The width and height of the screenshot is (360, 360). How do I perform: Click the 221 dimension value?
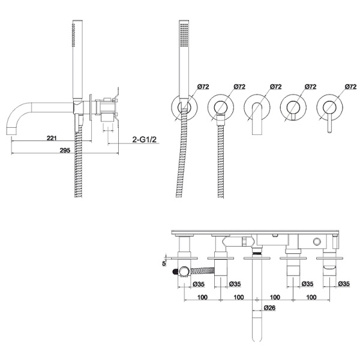coord(52,138)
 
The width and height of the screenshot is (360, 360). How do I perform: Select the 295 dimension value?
coord(65,151)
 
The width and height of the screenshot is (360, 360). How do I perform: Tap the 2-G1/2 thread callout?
coord(144,139)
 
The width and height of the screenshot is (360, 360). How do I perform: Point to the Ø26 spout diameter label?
coord(269,308)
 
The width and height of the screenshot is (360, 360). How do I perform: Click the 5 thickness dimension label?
coord(164,263)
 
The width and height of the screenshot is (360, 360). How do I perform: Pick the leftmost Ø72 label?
coord(203,86)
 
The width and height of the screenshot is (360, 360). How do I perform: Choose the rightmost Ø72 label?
coord(351,86)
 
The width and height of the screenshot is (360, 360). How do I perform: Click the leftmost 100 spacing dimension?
coord(202,298)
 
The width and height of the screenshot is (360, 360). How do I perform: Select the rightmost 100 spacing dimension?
coord(311,298)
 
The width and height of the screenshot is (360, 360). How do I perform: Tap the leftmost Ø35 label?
coord(199,284)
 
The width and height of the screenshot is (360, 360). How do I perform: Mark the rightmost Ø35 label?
coord(344,284)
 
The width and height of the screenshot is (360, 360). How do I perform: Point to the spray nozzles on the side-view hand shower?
coord(73,35)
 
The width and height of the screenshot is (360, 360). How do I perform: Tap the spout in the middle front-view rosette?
coord(257,119)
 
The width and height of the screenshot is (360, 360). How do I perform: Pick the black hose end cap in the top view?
coord(175,272)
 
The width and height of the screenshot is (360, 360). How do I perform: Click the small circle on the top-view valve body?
coord(317,242)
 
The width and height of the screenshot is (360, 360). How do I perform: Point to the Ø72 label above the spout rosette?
coord(276,86)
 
